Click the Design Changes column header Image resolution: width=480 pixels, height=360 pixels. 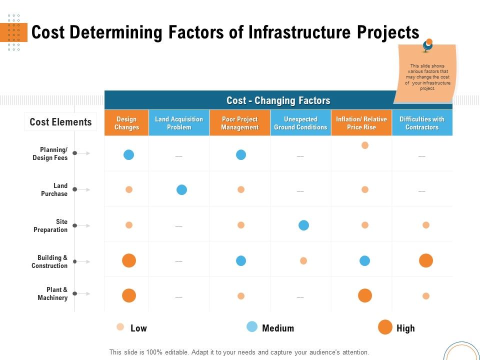pos(126,123)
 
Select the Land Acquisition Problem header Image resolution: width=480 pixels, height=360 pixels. pos(179,123)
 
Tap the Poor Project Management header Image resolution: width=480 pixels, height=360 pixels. pos(240,123)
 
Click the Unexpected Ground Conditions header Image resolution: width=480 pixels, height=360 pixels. pos(300,123)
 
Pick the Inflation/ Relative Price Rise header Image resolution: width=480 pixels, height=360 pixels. pos(361,123)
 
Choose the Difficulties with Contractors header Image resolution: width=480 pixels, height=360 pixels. pos(422,123)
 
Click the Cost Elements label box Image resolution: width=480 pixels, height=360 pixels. pos(60,122)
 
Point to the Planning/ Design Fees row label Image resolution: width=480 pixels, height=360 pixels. pos(50,153)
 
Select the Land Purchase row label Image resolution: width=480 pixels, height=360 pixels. pos(54,189)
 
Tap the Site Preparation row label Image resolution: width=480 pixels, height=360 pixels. pos(50,225)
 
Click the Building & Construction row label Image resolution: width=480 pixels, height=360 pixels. pos(49,261)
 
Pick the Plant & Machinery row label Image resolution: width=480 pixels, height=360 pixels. pos(52,293)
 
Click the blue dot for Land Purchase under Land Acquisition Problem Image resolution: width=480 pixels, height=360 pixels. pos(182,189)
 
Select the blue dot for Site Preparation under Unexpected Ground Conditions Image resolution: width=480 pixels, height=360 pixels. pos(303,225)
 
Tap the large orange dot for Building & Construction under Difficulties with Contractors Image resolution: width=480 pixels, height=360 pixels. pos(426,260)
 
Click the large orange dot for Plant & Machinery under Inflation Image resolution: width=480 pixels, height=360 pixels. pos(365,295)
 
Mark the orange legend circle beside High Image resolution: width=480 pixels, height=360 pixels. pos(385,327)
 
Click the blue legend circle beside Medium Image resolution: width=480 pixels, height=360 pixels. pos(252,327)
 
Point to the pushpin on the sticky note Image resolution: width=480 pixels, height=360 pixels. pos(427,45)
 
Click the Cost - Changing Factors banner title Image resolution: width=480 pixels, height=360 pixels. pos(278,100)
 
